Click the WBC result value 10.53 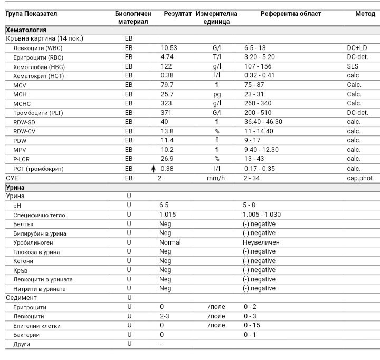point(168,48)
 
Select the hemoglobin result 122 point(166,66)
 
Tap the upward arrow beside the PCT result point(154,169)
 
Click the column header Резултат point(177,14)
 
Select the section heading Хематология point(26,30)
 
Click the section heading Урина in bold point(15,187)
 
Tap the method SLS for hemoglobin point(353,66)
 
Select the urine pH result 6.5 point(164,205)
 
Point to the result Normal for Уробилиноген point(170,242)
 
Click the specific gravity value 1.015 point(167,215)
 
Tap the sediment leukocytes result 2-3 point(165,316)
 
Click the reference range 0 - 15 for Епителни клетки point(252,325)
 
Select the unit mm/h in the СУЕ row point(215,178)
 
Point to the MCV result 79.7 point(167,85)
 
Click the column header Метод point(365,14)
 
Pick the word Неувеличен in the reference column point(261,242)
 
